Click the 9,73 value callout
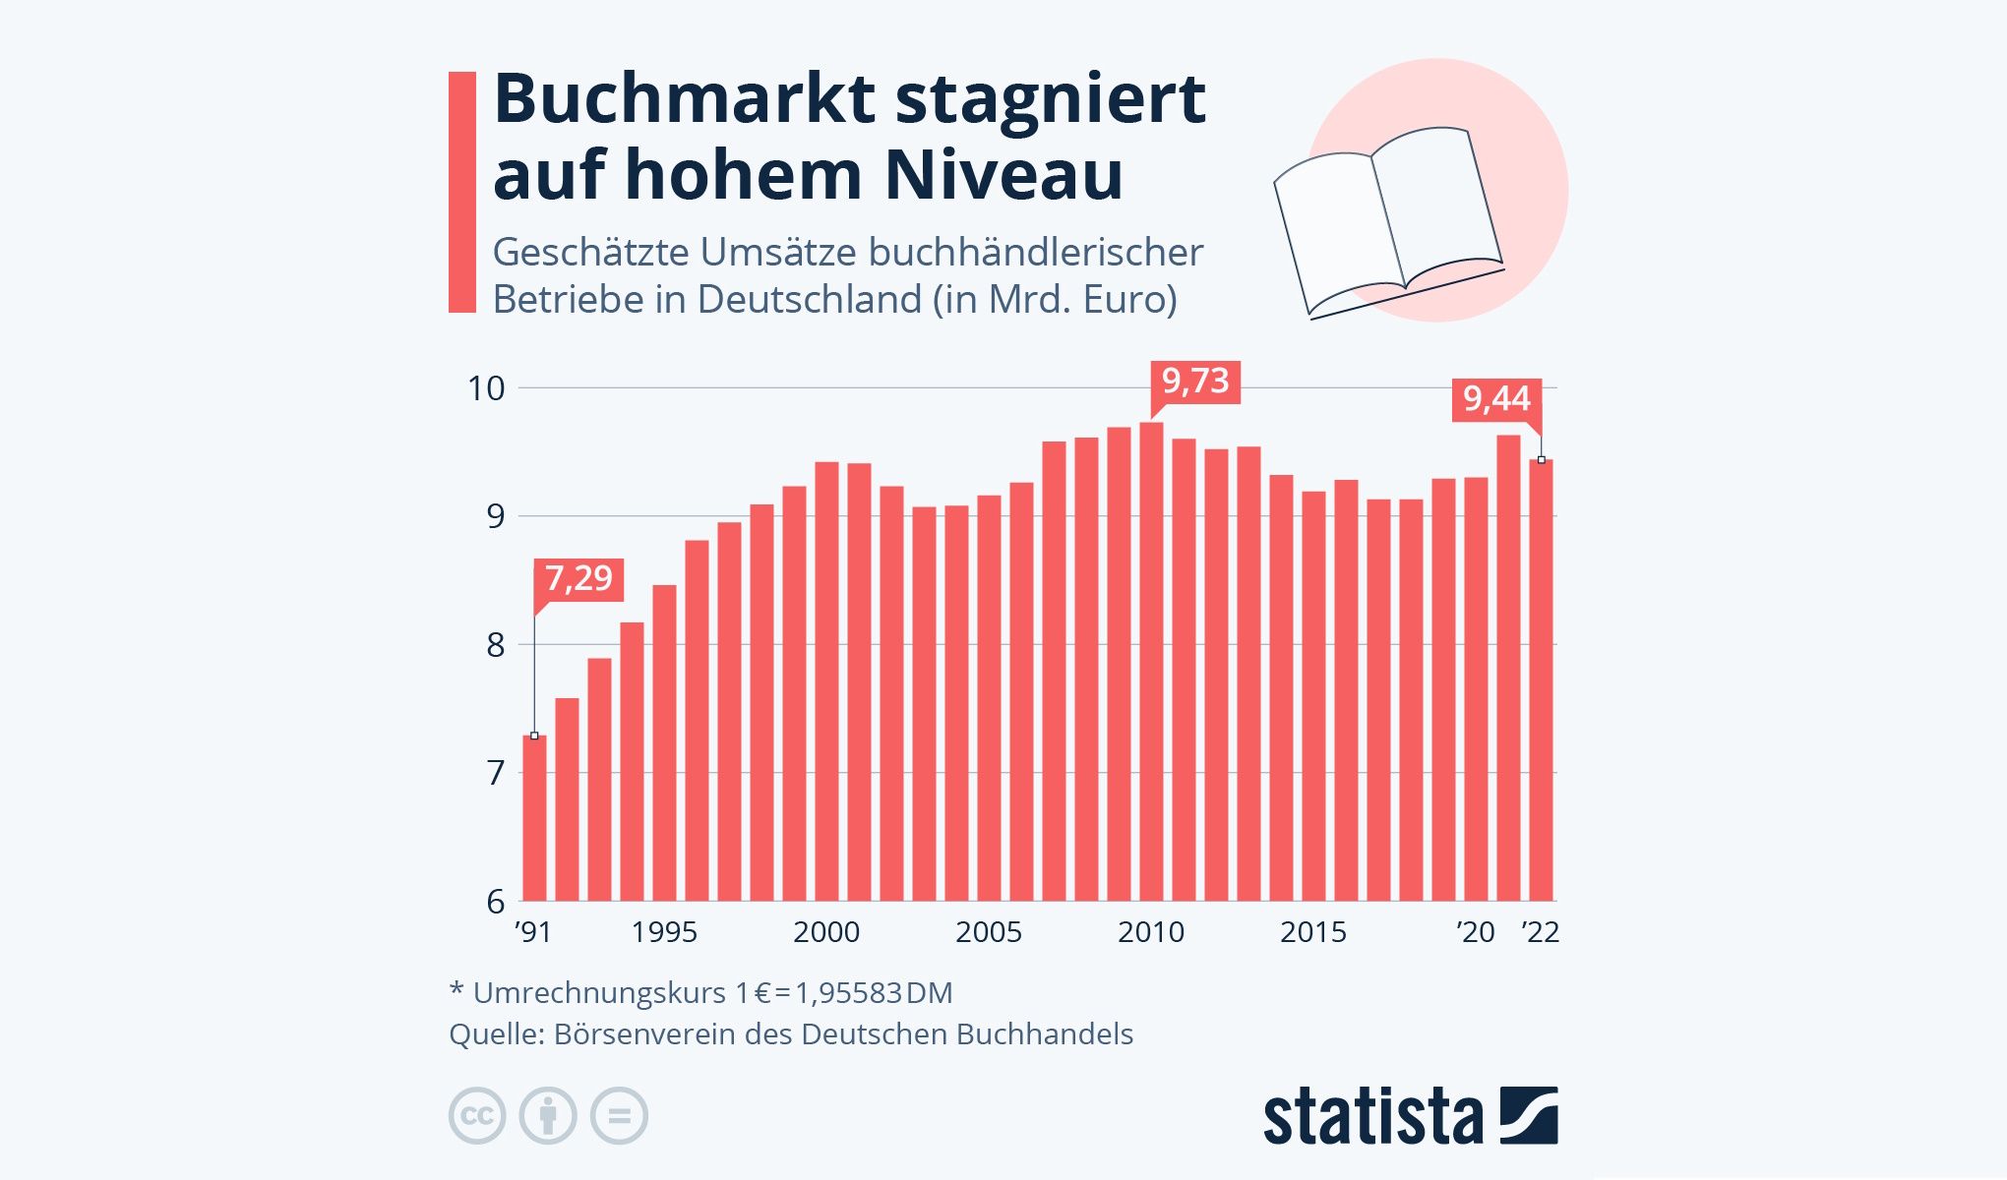(x=1195, y=381)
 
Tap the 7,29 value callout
(x=578, y=578)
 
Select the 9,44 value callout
(x=1496, y=399)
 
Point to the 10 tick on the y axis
(x=486, y=389)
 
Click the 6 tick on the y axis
(x=495, y=901)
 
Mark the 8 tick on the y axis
(x=495, y=645)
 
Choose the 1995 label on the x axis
(x=664, y=932)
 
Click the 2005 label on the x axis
(x=989, y=932)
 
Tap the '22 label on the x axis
(x=1540, y=932)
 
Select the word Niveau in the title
(x=1003, y=175)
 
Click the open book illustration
(x=1387, y=221)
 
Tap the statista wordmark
(x=1372, y=1117)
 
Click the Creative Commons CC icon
(x=477, y=1116)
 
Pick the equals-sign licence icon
(x=619, y=1116)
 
